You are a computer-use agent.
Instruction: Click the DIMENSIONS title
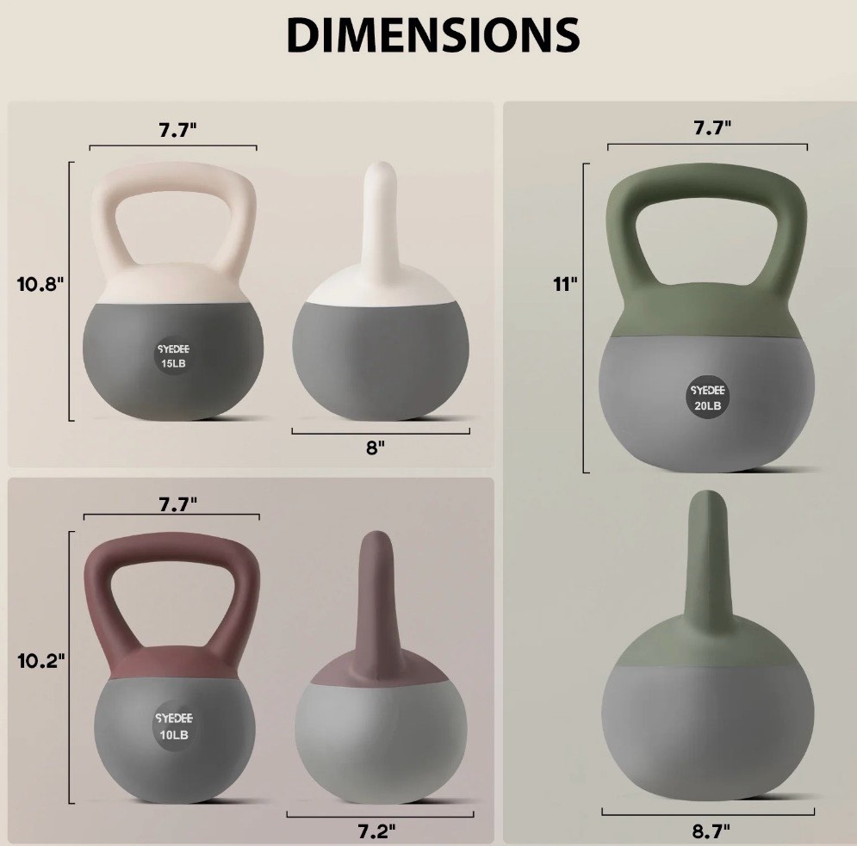pyautogui.click(x=432, y=35)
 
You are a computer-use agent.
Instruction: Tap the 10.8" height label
pyautogui.click(x=40, y=284)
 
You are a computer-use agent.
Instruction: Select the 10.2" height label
pyautogui.click(x=40, y=661)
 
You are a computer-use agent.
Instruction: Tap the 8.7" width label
pyautogui.click(x=711, y=831)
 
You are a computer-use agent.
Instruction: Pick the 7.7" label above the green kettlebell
pyautogui.click(x=712, y=127)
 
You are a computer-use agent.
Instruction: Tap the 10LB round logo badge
pyautogui.click(x=174, y=726)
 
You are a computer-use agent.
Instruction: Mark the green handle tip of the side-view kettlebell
pyautogui.click(x=708, y=508)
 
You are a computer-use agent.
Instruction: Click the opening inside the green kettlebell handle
pyautogui.click(x=708, y=250)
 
